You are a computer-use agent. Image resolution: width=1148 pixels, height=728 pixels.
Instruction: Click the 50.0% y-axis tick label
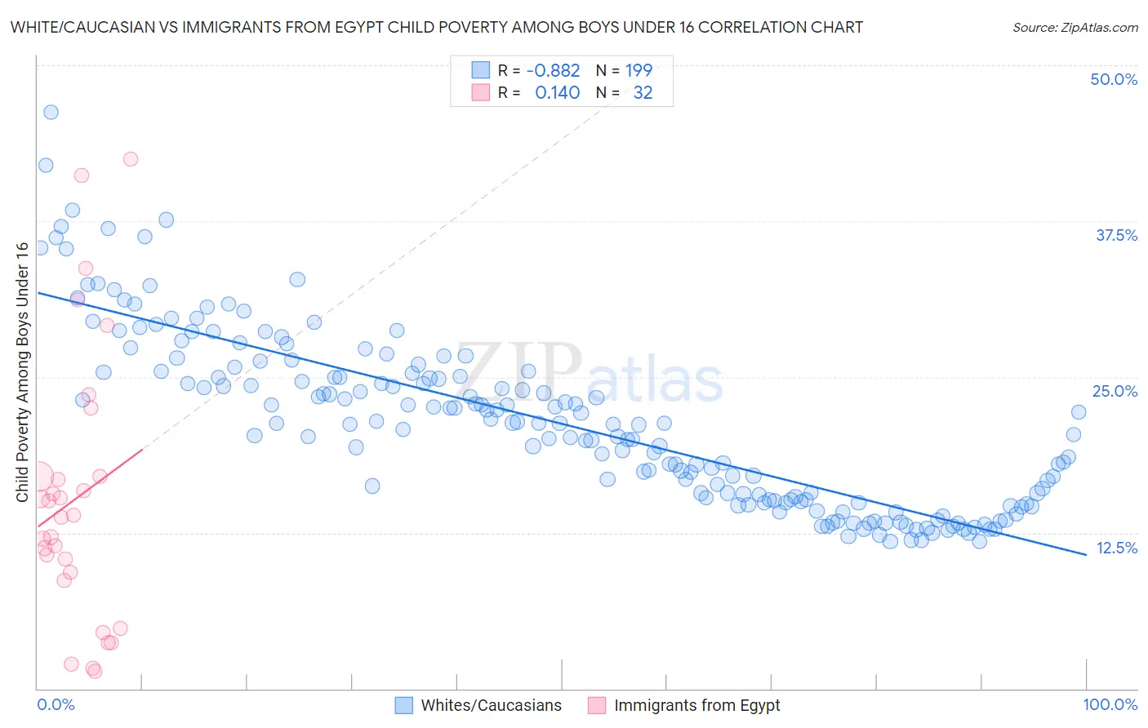pyautogui.click(x=1113, y=79)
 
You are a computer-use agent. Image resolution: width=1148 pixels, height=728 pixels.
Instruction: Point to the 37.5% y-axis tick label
pyautogui.click(x=1115, y=235)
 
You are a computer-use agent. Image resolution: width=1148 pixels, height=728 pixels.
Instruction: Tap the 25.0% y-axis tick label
pyautogui.click(x=1115, y=391)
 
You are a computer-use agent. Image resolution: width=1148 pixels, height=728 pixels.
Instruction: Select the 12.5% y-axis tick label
pyautogui.click(x=1116, y=548)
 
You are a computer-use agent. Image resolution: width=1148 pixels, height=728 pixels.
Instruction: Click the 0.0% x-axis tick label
pyautogui.click(x=56, y=704)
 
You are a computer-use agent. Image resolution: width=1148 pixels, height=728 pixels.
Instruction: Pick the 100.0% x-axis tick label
pyautogui.click(x=1110, y=704)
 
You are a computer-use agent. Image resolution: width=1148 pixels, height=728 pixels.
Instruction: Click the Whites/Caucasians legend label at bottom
pyautogui.click(x=491, y=705)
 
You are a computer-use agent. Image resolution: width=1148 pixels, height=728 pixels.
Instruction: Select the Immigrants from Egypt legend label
pyautogui.click(x=696, y=705)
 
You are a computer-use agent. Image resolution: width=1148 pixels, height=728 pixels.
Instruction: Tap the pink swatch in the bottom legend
pyautogui.click(x=597, y=705)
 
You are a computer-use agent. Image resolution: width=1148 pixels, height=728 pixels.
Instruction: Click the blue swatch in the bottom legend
pyautogui.click(x=403, y=705)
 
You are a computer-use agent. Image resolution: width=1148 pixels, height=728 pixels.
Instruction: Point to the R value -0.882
pyautogui.click(x=553, y=70)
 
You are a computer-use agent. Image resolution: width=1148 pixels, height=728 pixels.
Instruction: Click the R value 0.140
pyautogui.click(x=557, y=92)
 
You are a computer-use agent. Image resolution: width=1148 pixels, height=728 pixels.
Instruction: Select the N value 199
pyautogui.click(x=639, y=70)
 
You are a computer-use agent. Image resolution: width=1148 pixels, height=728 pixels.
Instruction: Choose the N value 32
pyautogui.click(x=643, y=92)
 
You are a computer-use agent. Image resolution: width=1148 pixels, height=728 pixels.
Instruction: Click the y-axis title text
pyautogui.click(x=22, y=372)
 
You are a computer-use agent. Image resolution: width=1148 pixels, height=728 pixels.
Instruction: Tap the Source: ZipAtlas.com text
pyautogui.click(x=1075, y=27)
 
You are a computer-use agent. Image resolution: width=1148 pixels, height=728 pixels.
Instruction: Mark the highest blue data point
pyautogui.click(x=51, y=112)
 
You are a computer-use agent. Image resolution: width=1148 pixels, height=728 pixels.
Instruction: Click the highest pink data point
pyautogui.click(x=131, y=159)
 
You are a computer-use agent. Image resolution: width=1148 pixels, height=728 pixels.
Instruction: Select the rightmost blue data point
pyautogui.click(x=1079, y=412)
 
